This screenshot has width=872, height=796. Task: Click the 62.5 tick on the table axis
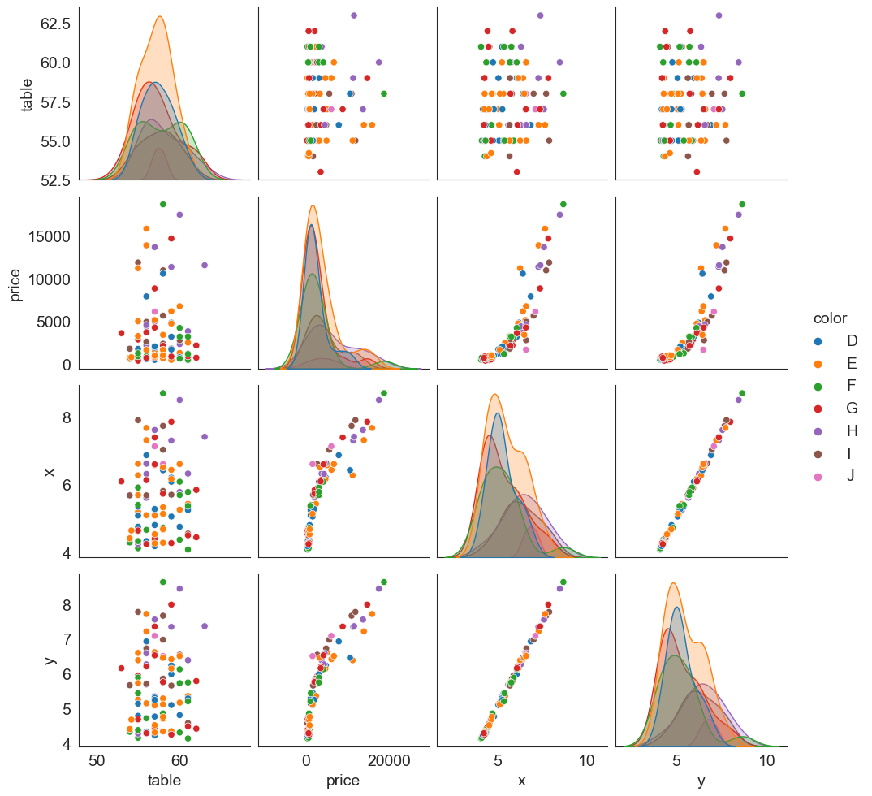52,24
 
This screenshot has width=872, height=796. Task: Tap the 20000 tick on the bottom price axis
389,760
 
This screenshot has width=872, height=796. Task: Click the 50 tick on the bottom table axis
97,760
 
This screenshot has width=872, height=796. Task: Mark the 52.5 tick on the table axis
52,180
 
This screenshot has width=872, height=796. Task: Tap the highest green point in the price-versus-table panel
163,205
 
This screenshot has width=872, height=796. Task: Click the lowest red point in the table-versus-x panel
516,171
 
